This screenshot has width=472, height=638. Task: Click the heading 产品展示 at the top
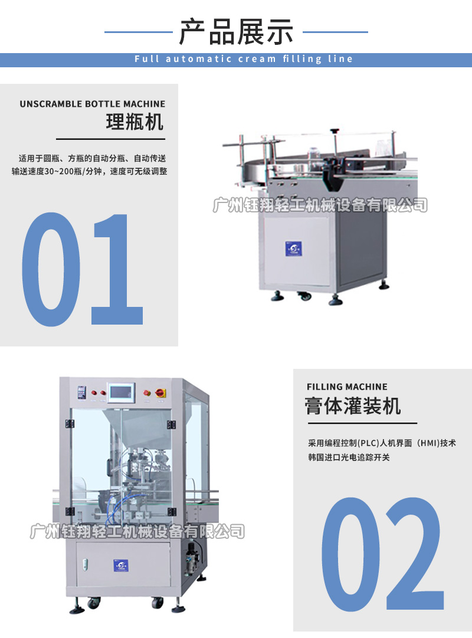pos(236,32)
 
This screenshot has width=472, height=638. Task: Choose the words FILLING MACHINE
pos(347,387)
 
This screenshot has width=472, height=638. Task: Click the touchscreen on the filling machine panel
pos(123,391)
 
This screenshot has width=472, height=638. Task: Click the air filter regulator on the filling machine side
pos(191,552)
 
